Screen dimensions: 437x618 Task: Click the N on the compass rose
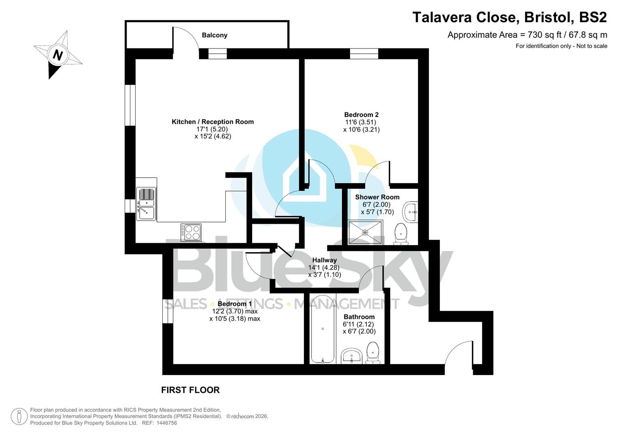(x=58, y=55)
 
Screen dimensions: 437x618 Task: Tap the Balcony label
(x=214, y=35)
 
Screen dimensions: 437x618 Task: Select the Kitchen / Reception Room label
(x=212, y=122)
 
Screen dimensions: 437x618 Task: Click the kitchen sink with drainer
(x=146, y=204)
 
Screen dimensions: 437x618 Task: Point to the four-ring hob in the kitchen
(x=191, y=232)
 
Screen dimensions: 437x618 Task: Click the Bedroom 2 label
(x=361, y=115)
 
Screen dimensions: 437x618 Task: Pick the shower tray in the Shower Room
(x=365, y=232)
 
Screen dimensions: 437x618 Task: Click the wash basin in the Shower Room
(x=410, y=212)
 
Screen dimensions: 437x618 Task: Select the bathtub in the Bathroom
(x=323, y=329)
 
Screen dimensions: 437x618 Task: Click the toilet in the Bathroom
(x=372, y=352)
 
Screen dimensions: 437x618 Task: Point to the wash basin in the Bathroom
(x=351, y=356)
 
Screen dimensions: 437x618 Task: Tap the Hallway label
(x=324, y=260)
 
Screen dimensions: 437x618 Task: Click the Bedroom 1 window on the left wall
(x=168, y=311)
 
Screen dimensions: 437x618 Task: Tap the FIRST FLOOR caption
(x=190, y=390)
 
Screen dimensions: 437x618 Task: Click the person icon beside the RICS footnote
(x=19, y=416)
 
